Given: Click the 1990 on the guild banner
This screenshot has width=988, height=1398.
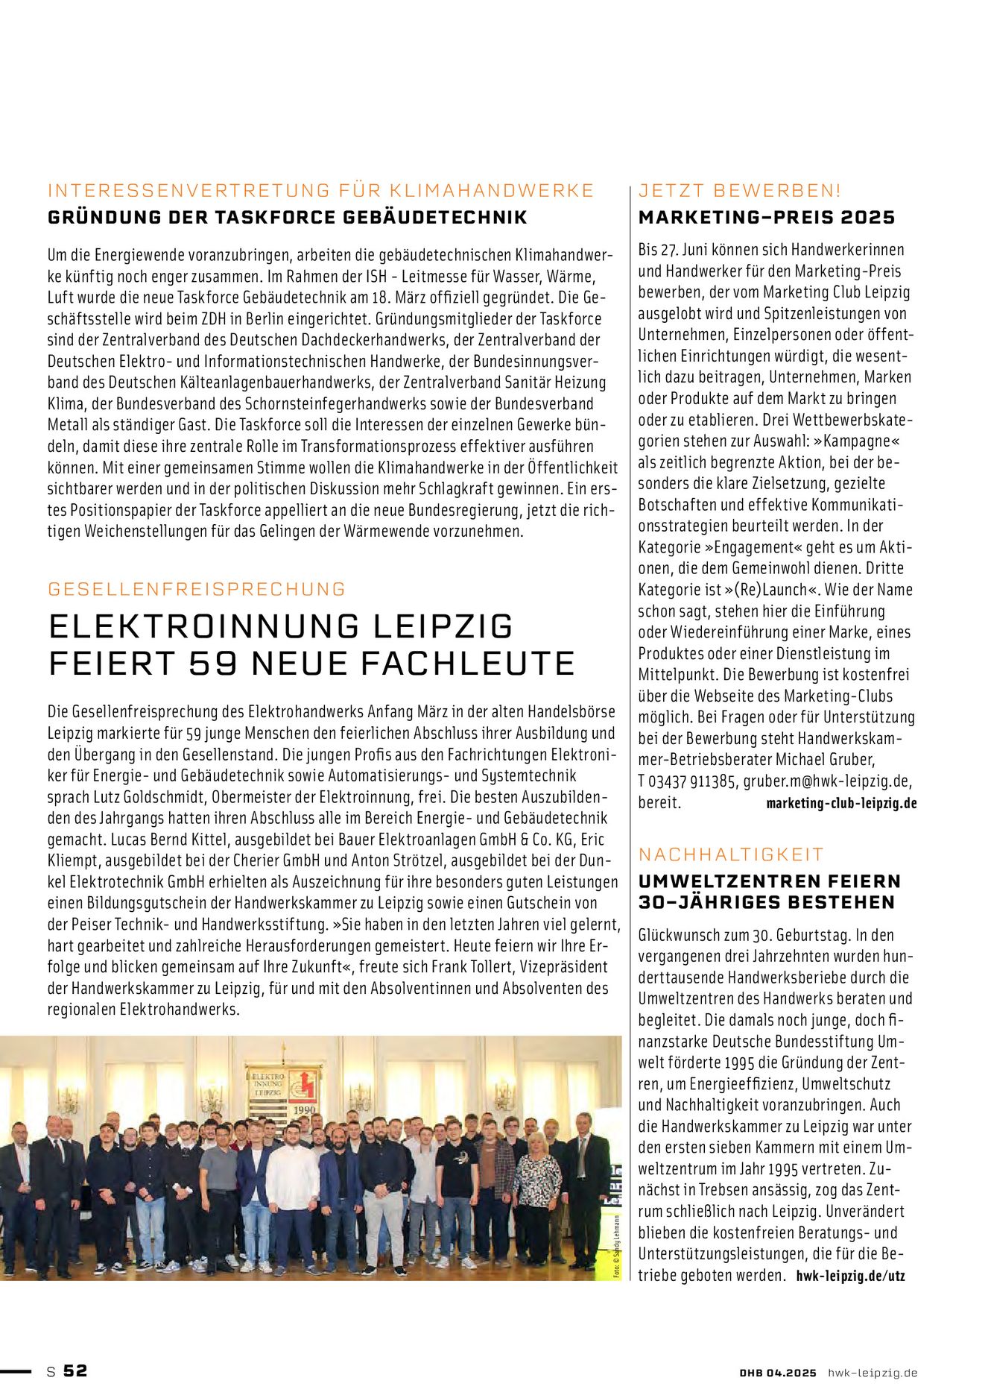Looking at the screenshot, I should pyautogui.click(x=304, y=1109).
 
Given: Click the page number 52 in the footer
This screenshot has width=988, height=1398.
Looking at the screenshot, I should pyautogui.click(x=75, y=1370).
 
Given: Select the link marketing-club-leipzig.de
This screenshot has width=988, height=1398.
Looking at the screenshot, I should pyautogui.click(x=841, y=804).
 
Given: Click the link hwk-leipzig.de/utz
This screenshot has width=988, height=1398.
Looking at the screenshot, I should pyautogui.click(x=850, y=1276).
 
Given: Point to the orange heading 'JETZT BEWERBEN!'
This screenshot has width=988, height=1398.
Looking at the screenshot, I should pyautogui.click(x=739, y=191).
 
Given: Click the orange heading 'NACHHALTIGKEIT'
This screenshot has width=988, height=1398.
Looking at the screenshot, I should pyautogui.click(x=731, y=854).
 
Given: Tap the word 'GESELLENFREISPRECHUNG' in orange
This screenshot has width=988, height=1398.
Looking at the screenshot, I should pyautogui.click(x=197, y=589).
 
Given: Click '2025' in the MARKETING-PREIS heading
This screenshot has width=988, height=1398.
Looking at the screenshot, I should pyautogui.click(x=867, y=218).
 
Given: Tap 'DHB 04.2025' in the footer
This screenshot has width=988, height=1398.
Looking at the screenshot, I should pyautogui.click(x=778, y=1373).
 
